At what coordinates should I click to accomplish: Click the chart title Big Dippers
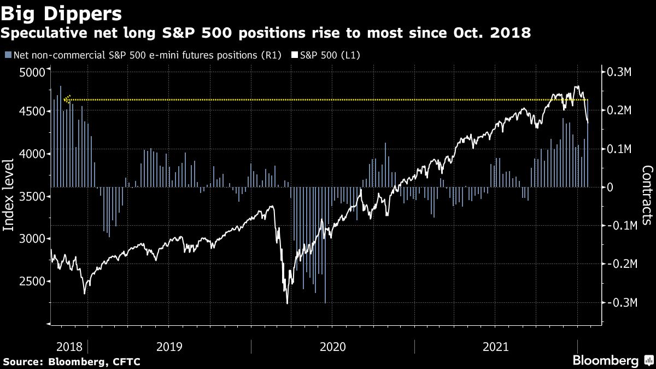pos(61,12)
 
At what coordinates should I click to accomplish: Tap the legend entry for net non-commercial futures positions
pos(142,55)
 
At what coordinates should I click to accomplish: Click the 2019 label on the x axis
pos(169,347)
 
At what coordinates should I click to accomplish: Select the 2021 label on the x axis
pos(496,347)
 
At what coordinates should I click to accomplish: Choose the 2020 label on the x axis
pos(333,347)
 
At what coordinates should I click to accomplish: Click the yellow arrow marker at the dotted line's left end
pos(67,99)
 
